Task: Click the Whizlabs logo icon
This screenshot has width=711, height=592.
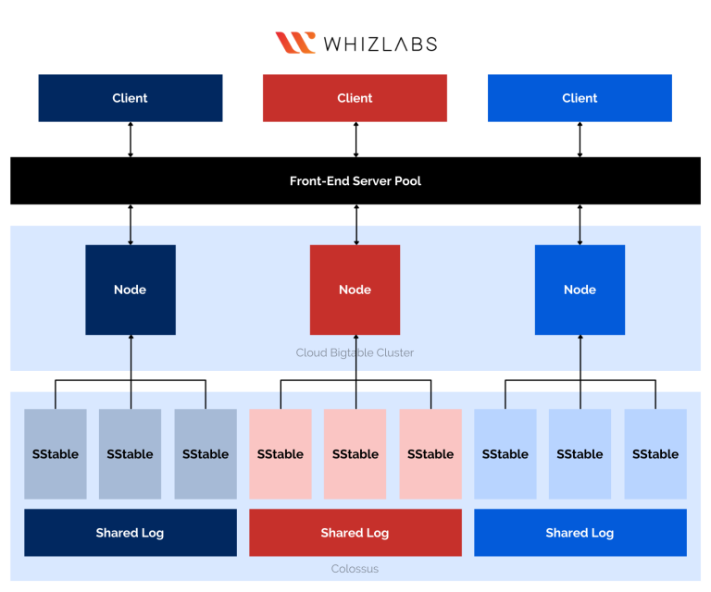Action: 295,43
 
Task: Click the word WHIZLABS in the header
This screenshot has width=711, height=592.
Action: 380,43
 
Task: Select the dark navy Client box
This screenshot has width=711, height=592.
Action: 131,98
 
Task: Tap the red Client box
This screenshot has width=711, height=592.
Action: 355,98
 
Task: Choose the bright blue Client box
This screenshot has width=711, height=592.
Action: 580,98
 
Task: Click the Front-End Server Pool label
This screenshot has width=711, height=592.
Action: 355,180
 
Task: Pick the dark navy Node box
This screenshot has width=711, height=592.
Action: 131,290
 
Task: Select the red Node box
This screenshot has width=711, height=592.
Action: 355,290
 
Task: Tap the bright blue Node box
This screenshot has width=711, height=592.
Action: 580,290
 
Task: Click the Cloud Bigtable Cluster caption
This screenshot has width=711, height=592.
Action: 355,352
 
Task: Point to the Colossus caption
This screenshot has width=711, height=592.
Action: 355,569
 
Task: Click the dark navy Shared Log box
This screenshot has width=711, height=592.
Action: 131,533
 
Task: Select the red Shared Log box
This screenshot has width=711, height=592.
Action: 355,533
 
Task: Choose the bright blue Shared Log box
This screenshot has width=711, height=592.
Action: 580,533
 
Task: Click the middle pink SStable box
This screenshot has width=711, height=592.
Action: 355,454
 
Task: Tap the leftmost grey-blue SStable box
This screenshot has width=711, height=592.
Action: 56,454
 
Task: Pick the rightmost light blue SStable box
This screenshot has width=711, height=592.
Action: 655,454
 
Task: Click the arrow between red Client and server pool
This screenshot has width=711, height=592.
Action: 355,139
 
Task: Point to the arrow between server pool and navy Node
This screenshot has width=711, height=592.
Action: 131,225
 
